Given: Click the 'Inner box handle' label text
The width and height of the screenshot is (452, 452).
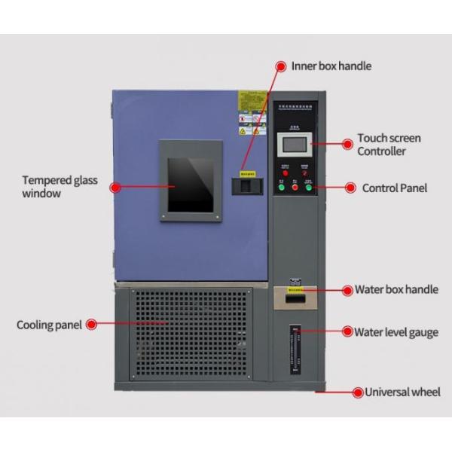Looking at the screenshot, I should coord(331,66).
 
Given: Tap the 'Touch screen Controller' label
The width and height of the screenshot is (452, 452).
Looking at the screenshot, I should coord(389,145).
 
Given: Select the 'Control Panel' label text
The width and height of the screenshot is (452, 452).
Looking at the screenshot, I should coord(394,188).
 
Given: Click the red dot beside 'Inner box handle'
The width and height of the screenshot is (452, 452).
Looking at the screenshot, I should coord(281,66).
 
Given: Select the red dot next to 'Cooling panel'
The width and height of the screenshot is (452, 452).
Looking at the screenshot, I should coord(90,325).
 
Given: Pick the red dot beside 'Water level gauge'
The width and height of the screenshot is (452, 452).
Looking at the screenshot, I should coord(348,331).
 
